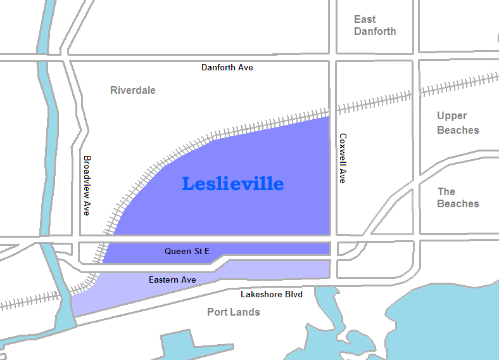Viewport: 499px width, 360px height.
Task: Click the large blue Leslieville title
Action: point(232,184)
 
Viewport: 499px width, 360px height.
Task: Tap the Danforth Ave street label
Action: point(227,67)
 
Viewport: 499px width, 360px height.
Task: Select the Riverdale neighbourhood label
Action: point(132,90)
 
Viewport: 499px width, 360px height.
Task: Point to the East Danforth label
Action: point(375,25)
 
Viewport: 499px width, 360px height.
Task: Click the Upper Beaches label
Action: point(458,123)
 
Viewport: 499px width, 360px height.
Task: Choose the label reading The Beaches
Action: point(458,197)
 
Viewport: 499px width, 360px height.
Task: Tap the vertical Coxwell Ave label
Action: point(343,158)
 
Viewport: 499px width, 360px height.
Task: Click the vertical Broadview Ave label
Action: point(87,185)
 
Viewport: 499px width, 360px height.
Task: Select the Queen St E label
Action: point(187,252)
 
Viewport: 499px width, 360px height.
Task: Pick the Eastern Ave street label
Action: point(172,280)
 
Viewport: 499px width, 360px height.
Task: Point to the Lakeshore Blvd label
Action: point(272,295)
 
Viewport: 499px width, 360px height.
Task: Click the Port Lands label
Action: point(233,312)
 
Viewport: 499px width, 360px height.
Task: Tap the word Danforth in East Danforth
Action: point(375,32)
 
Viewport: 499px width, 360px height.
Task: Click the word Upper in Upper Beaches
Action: point(452,116)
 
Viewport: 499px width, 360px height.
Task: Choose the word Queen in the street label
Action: point(177,252)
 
